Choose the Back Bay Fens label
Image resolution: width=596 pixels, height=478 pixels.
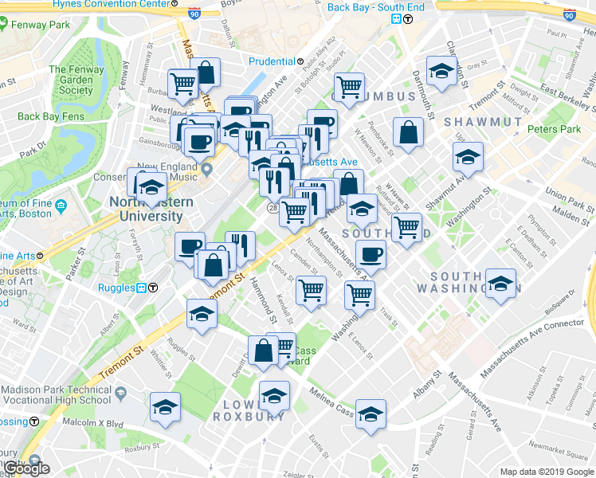[51, 116]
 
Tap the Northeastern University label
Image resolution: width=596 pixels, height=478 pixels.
[157, 209]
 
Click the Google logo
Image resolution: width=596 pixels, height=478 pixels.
[25, 468]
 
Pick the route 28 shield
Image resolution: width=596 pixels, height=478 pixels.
[272, 208]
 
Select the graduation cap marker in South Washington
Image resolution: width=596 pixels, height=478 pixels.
[501, 285]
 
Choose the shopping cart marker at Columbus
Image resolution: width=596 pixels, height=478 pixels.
[348, 88]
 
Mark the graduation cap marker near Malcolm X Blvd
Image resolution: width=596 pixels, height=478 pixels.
[166, 407]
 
